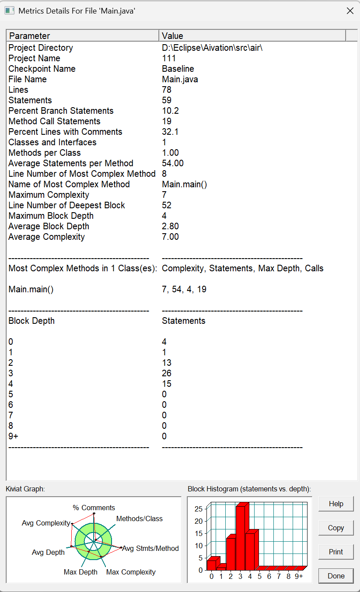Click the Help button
pos(336,504)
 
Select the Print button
pos(336,552)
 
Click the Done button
pos(336,576)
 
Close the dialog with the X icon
pos(350,11)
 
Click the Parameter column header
pos(83,36)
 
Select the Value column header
pos(252,36)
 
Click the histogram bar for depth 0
pos(211,564)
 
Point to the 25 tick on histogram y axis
pos(199,508)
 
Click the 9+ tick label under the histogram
pos(299,577)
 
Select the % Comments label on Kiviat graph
pos(94,508)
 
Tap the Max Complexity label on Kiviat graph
pos(131,572)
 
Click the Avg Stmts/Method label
pos(150,548)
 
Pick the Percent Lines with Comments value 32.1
pos(170,132)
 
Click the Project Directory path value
pos(212,48)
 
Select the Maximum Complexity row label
pos(49,195)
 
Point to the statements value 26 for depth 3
pos(167,373)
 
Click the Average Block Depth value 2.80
pos(170,226)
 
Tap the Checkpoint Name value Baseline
pos(178,69)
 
